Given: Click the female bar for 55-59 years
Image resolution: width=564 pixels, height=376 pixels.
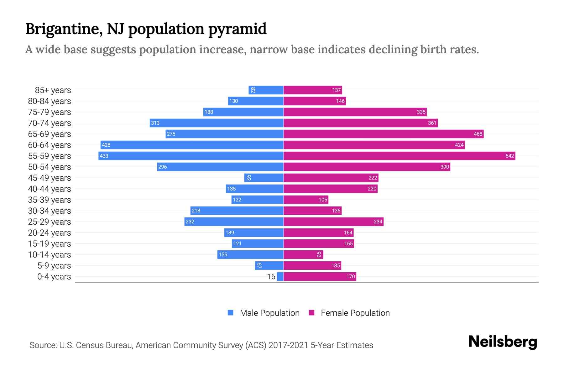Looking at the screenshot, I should point(399,156).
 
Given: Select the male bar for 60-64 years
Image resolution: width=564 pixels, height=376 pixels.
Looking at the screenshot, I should point(192,145).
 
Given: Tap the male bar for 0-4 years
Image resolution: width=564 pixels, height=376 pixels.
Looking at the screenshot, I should point(280,276).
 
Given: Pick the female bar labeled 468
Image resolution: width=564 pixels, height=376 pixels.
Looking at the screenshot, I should point(384,134).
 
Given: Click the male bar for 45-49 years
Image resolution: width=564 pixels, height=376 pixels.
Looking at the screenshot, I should point(264,178).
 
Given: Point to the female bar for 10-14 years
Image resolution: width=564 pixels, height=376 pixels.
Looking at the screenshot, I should point(303,254).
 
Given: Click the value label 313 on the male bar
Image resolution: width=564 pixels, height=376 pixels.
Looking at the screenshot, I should point(155,123).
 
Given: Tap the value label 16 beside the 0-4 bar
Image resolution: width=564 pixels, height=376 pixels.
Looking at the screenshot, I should point(271,276).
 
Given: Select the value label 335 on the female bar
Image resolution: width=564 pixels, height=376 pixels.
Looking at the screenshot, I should point(421,112).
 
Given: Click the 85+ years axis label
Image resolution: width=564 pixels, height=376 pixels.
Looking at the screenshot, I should point(53,90).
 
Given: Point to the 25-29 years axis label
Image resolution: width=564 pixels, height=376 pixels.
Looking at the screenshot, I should point(50,222).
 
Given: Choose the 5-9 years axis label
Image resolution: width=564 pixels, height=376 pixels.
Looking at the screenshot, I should point(54,266).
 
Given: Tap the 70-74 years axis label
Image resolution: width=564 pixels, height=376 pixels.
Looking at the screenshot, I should point(50,123).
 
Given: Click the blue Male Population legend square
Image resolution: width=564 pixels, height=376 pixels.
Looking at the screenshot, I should point(231,313).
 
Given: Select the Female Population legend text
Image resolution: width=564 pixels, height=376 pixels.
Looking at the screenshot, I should point(355,313).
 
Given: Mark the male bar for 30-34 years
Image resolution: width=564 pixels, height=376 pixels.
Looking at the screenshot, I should point(237,211).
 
